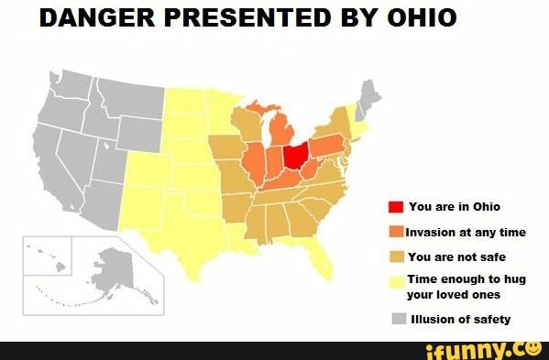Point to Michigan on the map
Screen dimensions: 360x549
coord(285,129)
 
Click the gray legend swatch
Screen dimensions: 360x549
coord(398,319)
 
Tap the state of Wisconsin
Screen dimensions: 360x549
coord(246,123)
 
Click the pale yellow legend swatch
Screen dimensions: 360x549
coord(397,282)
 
